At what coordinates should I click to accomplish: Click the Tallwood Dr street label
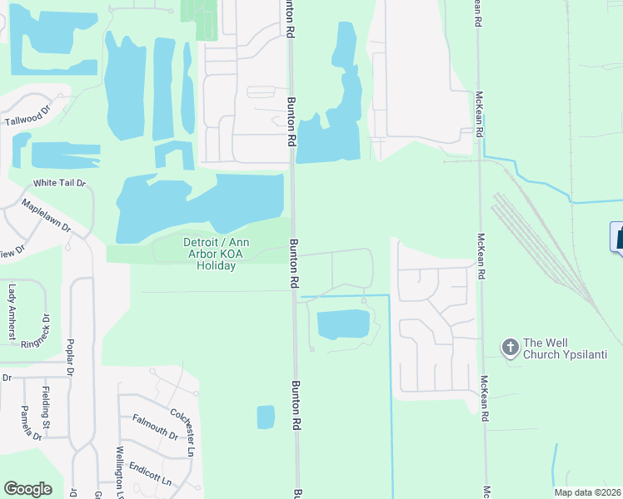pyautogui.click(x=28, y=120)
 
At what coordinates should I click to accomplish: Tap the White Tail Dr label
pyautogui.click(x=59, y=183)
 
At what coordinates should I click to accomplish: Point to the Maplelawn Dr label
pyautogui.click(x=47, y=215)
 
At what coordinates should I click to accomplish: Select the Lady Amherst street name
pyautogui.click(x=12, y=312)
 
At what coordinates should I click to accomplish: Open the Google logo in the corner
pyautogui.click(x=27, y=489)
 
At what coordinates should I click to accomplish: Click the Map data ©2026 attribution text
pyautogui.click(x=587, y=492)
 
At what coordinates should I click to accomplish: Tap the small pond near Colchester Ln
pyautogui.click(x=266, y=417)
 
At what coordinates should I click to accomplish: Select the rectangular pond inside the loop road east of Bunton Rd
pyautogui.click(x=342, y=324)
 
